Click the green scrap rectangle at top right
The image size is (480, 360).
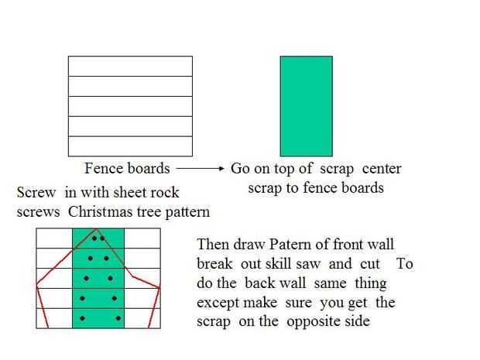306,105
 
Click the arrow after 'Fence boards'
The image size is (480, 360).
200,168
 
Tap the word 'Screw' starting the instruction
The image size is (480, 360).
36,193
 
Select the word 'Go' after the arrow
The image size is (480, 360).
239,168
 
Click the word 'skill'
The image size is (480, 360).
282,264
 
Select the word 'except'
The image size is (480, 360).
219,302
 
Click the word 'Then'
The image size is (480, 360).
214,245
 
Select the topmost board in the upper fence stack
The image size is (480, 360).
130,66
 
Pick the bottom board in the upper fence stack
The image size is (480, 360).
130,146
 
